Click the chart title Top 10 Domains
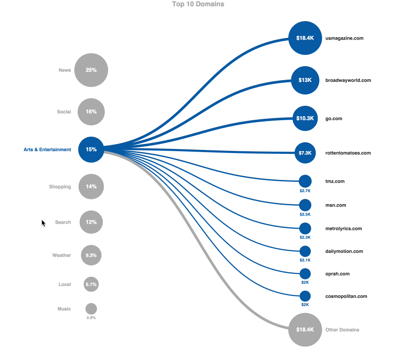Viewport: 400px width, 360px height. coord(198,4)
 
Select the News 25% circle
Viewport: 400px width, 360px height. coord(91,70)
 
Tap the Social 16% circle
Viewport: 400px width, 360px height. coord(91,112)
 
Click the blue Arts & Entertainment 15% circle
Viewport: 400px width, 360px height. coord(91,149)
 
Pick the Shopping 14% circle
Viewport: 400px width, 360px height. coord(91,186)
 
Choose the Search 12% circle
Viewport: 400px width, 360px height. coord(91,222)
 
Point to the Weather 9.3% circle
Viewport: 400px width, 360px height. coord(91,255)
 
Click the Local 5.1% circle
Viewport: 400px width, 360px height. coord(91,284)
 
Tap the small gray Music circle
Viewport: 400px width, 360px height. coord(91,309)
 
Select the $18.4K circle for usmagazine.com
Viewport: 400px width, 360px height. coord(305,38)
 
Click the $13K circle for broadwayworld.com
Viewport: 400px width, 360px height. coord(305,80)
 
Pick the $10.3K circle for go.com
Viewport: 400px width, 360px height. coord(305,118)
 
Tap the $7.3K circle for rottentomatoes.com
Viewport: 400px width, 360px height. coord(305,153)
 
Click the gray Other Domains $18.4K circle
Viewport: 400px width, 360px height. coord(305,330)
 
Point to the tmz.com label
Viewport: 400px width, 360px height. coord(335,181)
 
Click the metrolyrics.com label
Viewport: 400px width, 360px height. coord(343,229)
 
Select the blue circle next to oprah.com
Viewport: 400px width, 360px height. coord(305,274)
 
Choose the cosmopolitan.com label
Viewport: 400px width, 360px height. coord(346,296)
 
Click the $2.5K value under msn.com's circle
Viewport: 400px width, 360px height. coord(305,215)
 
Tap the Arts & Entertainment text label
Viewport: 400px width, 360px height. coord(47,149)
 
